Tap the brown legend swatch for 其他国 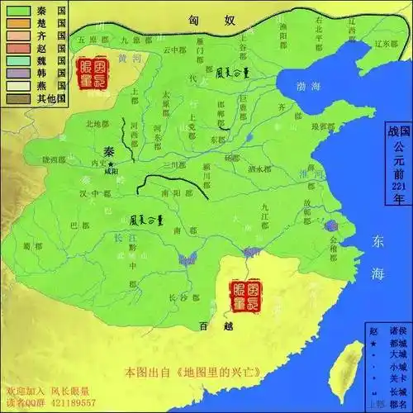point(14,98)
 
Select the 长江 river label point(121,238)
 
